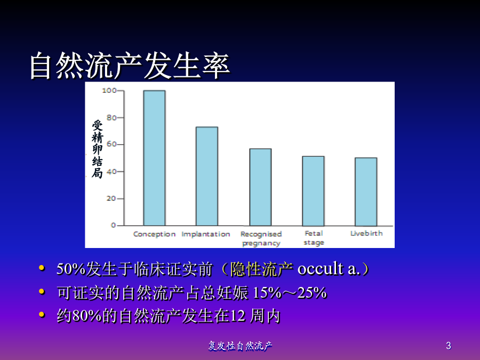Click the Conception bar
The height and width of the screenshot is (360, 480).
(x=154, y=158)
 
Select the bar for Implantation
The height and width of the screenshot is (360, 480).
(x=207, y=177)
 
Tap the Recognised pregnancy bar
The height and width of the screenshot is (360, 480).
(x=260, y=187)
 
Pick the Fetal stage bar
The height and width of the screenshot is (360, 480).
(x=313, y=191)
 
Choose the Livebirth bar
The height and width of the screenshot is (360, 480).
(x=366, y=192)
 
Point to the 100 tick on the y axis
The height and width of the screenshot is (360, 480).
(x=109, y=91)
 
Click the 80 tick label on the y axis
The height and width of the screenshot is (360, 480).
(x=111, y=117)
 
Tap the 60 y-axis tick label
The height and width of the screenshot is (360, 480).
(x=111, y=144)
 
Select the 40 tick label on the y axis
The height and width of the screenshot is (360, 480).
(x=111, y=171)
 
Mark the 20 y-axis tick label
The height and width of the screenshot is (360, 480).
(x=111, y=198)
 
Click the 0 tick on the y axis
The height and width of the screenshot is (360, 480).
(x=114, y=225)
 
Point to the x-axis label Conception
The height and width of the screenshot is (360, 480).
(x=154, y=234)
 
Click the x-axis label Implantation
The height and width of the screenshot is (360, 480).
(x=206, y=234)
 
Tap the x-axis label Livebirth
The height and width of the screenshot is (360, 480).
(x=366, y=233)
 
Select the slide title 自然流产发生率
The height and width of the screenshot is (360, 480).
(x=130, y=66)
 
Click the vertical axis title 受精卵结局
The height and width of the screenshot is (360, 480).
(x=98, y=149)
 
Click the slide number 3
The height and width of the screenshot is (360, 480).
(x=449, y=346)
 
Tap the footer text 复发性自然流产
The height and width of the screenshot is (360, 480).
(x=241, y=346)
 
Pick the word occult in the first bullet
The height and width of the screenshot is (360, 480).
(x=321, y=269)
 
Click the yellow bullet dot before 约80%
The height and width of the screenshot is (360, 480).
(x=42, y=314)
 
